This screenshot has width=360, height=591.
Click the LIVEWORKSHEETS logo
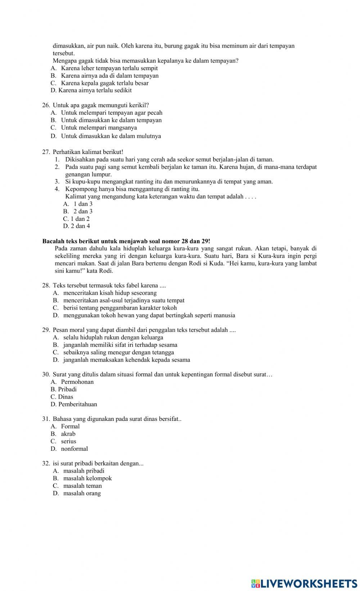coord(304,583)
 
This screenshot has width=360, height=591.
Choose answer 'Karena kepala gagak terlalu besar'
coord(104,83)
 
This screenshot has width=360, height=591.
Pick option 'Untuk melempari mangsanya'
coord(99,128)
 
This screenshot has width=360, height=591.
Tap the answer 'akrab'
coord(68,434)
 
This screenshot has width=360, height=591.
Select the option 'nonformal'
coord(74,449)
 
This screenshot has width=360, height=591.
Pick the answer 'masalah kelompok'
coord(87,478)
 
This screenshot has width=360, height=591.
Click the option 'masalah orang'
coord(82,493)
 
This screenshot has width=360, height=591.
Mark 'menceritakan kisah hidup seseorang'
coord(110,293)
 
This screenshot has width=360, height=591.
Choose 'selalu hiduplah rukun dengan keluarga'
coord(113,337)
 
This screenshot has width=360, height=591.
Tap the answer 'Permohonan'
coord(77,382)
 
